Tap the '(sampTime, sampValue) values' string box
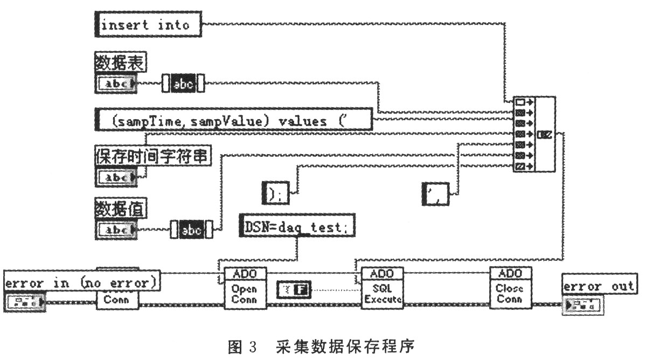coord(233,119)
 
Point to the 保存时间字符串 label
coord(153,156)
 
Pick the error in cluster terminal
coord(25,301)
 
